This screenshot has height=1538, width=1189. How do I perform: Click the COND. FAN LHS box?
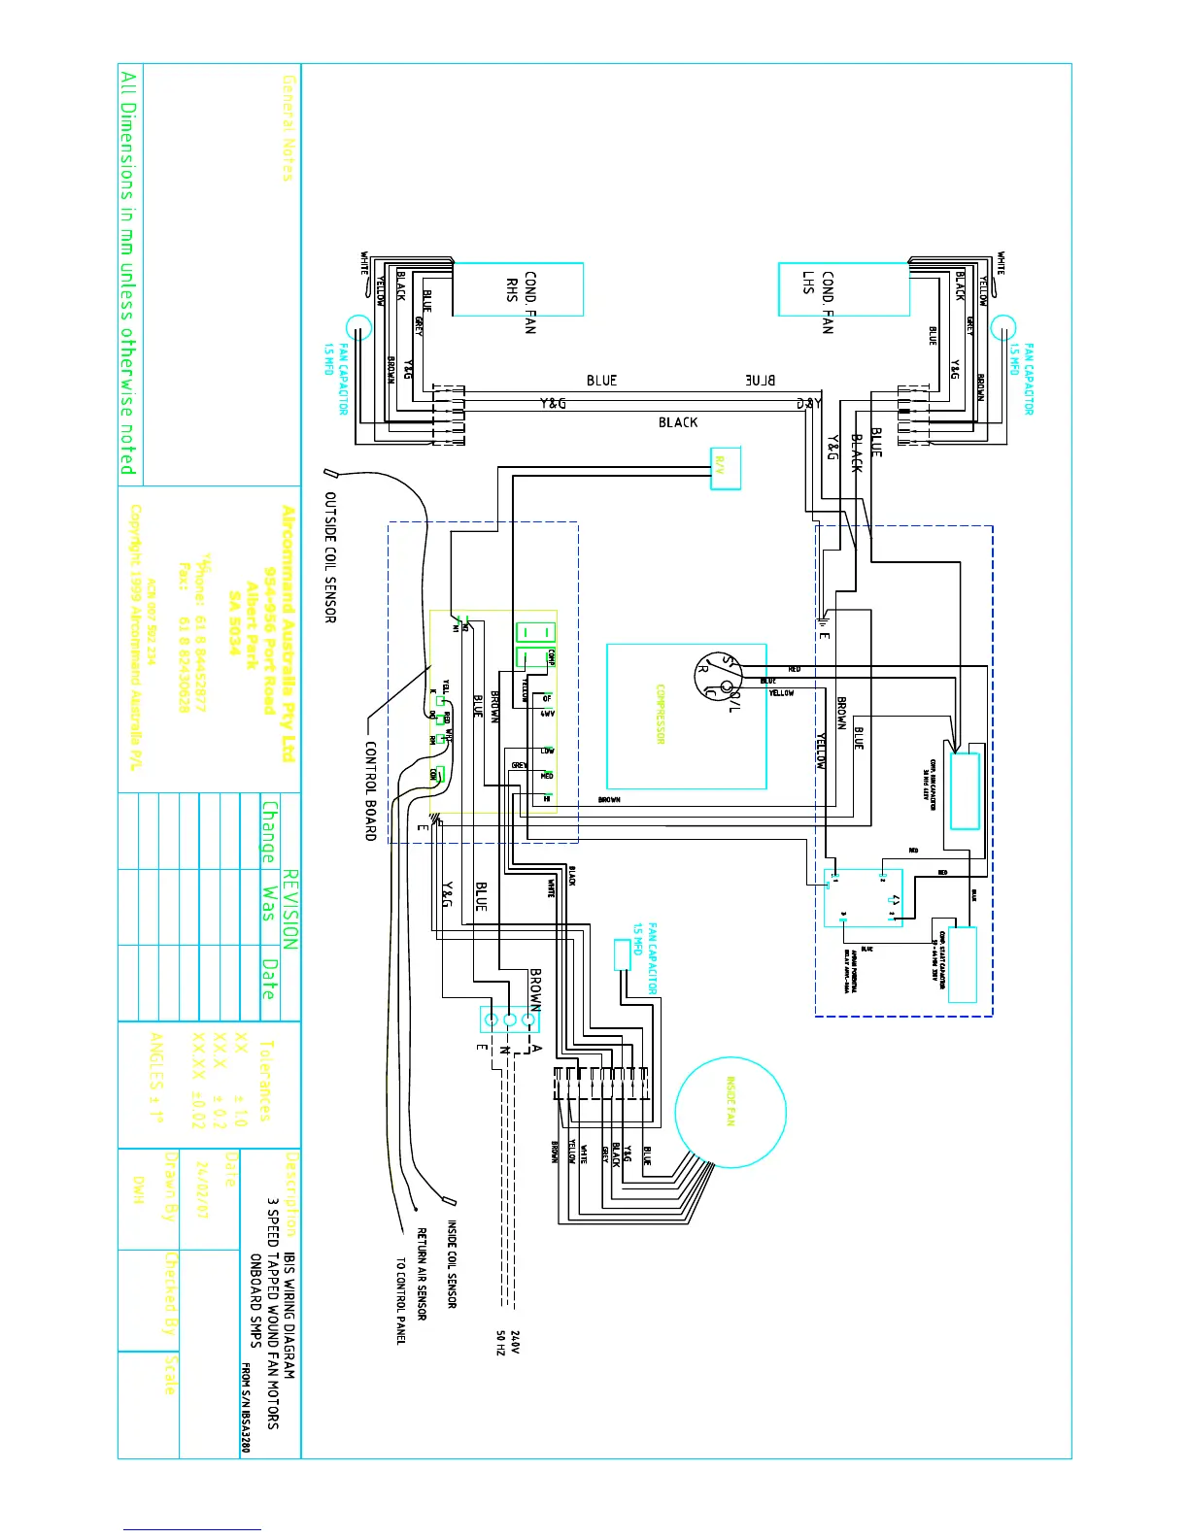pyautogui.click(x=843, y=289)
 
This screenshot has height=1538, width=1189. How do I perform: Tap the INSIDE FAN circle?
pyautogui.click(x=730, y=1113)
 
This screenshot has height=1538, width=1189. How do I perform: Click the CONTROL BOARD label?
pyautogui.click(x=370, y=791)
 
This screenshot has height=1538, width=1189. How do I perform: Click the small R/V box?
pyautogui.click(x=725, y=469)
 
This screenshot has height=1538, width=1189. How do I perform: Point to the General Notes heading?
pyautogui.click(x=288, y=127)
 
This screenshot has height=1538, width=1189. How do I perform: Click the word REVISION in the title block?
pyautogui.click(x=290, y=910)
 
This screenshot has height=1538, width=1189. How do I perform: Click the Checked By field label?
pyautogui.click(x=171, y=1294)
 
